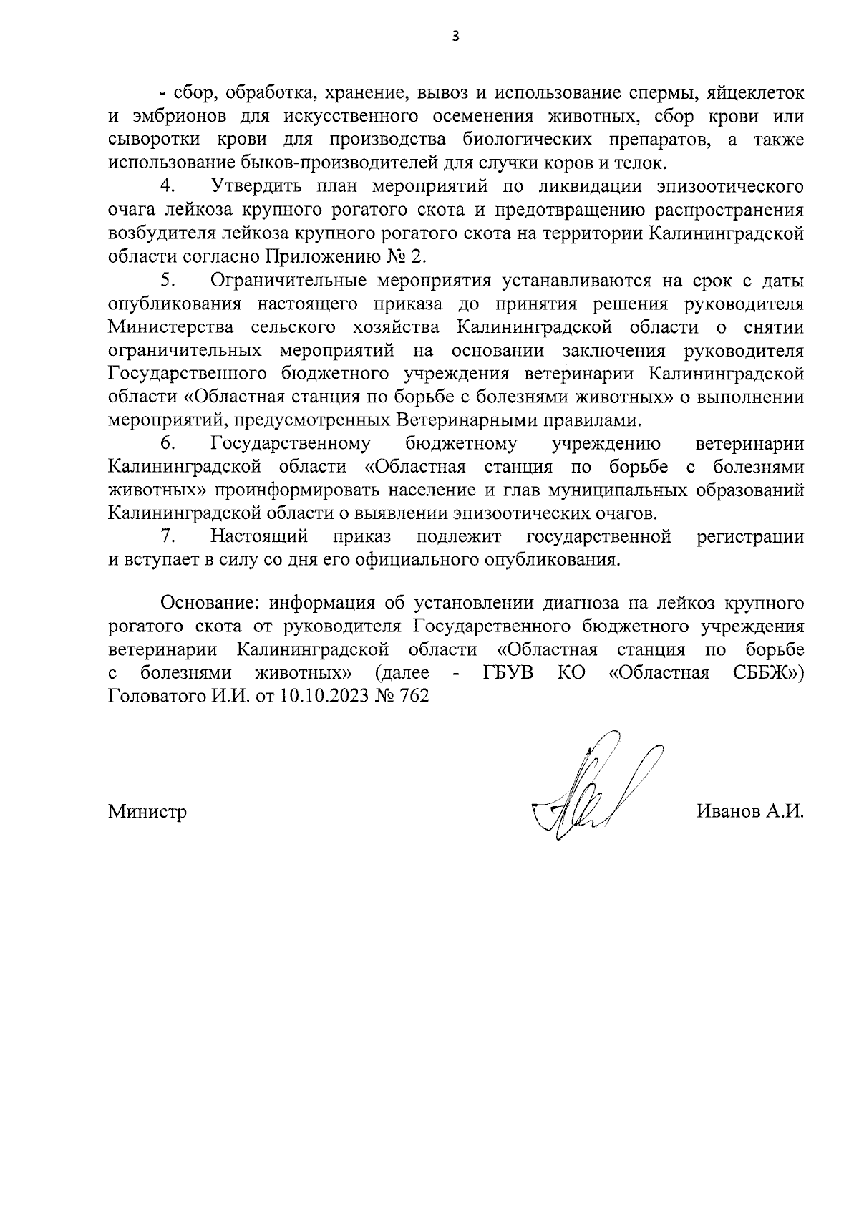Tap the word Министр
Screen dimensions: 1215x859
click(x=147, y=812)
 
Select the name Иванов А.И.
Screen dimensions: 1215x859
click(x=749, y=812)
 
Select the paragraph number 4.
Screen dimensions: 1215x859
click(x=168, y=186)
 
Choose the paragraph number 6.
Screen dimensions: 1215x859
click(x=168, y=444)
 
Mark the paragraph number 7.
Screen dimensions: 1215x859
click(x=168, y=536)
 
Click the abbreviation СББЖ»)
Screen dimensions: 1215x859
click(x=769, y=673)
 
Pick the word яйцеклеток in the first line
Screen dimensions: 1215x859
click(x=754, y=94)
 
